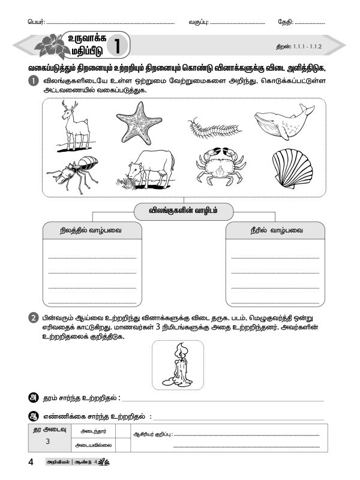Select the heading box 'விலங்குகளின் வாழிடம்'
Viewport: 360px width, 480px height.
point(184,211)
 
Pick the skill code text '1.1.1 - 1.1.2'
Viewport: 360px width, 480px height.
point(307,46)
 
